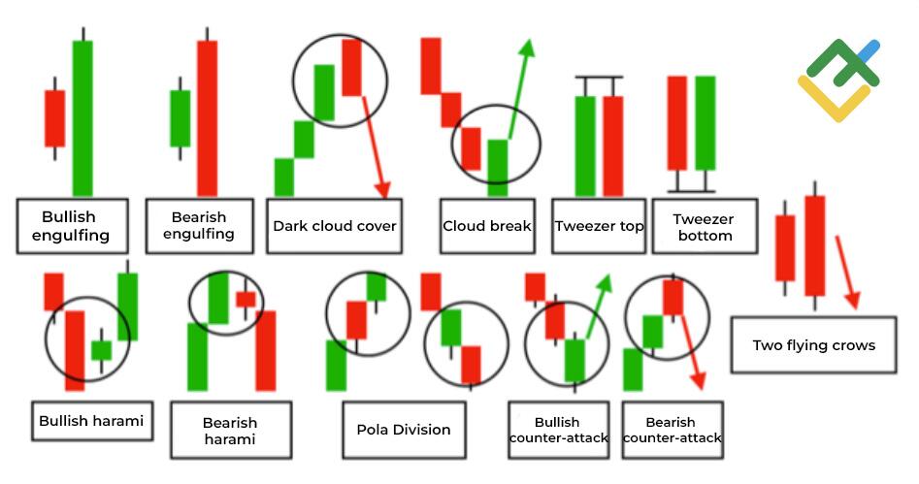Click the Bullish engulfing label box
pyautogui.click(x=72, y=226)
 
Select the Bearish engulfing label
pyautogui.click(x=199, y=225)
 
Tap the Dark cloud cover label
pyautogui.click(x=334, y=226)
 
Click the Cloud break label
pyautogui.click(x=486, y=226)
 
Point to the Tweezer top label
pyautogui.click(x=599, y=226)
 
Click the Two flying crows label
pyautogui.click(x=813, y=344)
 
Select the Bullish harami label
pyautogui.click(x=91, y=420)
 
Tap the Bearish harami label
pyautogui.click(x=230, y=430)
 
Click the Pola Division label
pyautogui.click(x=403, y=430)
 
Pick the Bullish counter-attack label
pyautogui.click(x=557, y=430)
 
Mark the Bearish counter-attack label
pyautogui.click(x=671, y=430)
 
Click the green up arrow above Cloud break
pyautogui.click(x=520, y=87)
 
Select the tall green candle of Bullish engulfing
pyautogui.click(x=82, y=116)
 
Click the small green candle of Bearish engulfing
pyautogui.click(x=180, y=118)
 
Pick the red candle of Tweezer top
pyautogui.click(x=612, y=145)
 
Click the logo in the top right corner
pyautogui.click(x=838, y=80)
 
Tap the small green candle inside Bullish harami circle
pyautogui.click(x=101, y=349)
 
